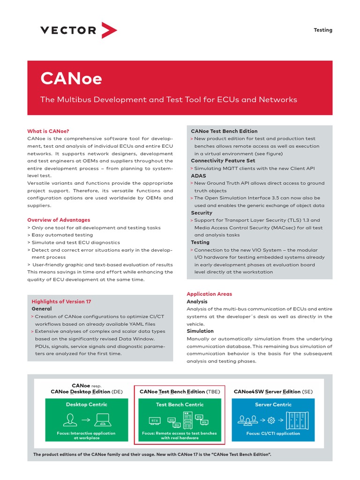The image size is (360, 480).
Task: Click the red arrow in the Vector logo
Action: point(109,30)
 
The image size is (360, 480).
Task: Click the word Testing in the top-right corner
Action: point(322,30)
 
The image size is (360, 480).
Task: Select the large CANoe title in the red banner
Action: point(71,78)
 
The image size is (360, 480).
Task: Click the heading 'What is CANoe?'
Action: point(51,131)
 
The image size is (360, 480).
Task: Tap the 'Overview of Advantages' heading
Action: point(59,220)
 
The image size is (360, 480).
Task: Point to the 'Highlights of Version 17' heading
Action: point(61,302)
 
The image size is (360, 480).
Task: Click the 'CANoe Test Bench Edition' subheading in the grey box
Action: point(224,131)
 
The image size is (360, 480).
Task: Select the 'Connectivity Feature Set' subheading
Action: point(223,161)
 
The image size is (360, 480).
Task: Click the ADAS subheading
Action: point(199,176)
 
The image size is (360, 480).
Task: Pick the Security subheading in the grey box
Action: point(202,213)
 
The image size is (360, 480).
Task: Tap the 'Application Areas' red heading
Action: point(209,294)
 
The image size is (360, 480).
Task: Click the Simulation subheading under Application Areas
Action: point(200,331)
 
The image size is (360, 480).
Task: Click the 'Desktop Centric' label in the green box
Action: point(86,405)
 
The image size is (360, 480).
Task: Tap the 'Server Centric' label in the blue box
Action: point(273,405)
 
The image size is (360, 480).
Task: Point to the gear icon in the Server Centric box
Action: point(270,420)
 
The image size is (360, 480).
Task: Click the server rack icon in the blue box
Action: point(296,420)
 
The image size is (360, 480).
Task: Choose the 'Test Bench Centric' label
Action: point(180,405)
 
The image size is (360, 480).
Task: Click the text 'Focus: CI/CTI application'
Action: point(273,434)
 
